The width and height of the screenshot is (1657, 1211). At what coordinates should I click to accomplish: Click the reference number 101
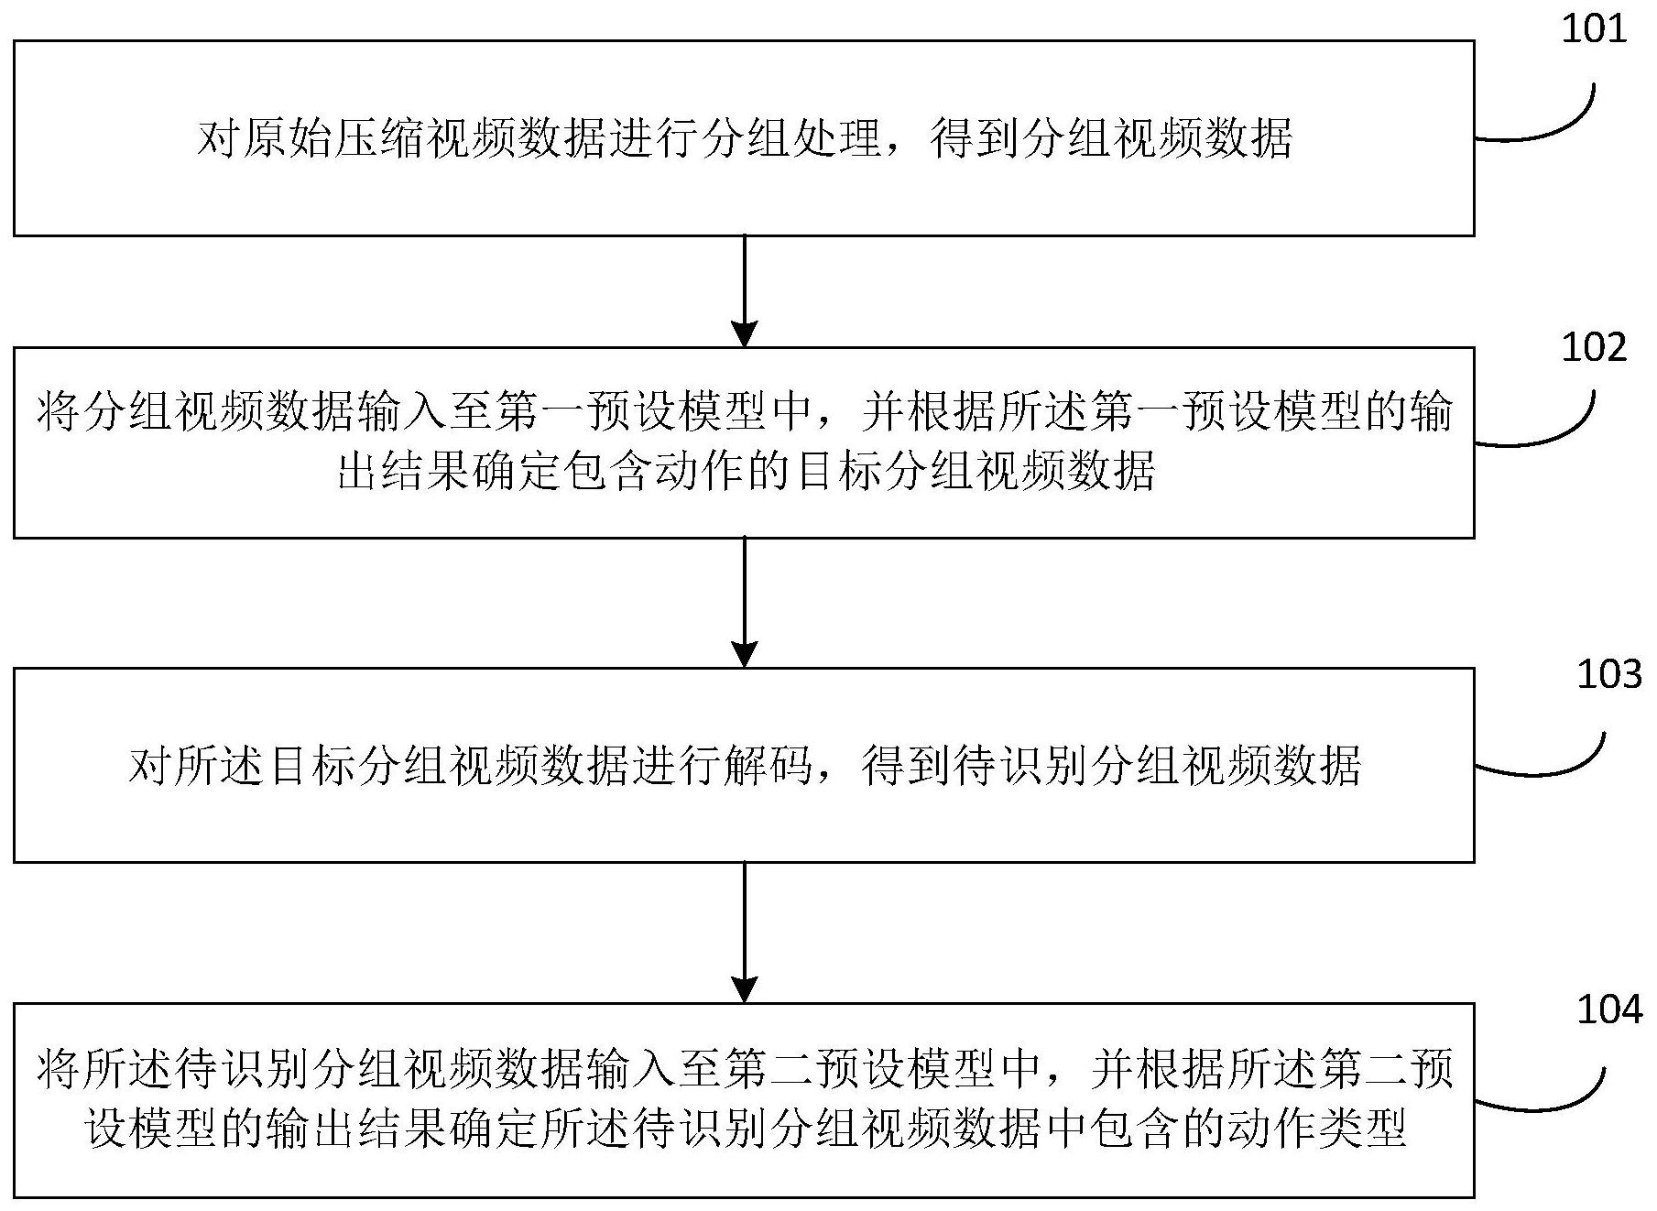1593,30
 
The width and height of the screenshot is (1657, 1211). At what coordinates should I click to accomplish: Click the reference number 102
1594,348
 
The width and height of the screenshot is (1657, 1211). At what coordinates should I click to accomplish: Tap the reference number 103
1609,674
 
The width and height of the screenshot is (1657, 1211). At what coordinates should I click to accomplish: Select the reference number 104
1609,1009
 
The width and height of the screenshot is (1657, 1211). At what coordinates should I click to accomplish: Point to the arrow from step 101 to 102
745,291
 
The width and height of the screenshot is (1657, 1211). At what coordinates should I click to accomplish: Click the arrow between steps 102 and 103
745,602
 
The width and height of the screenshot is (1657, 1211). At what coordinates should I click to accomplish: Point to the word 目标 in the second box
841,472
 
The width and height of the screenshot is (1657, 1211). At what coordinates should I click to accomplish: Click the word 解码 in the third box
769,766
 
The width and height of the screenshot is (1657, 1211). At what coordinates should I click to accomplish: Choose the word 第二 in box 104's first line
769,1069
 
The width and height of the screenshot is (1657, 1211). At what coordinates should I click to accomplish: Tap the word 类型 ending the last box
1363,1129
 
